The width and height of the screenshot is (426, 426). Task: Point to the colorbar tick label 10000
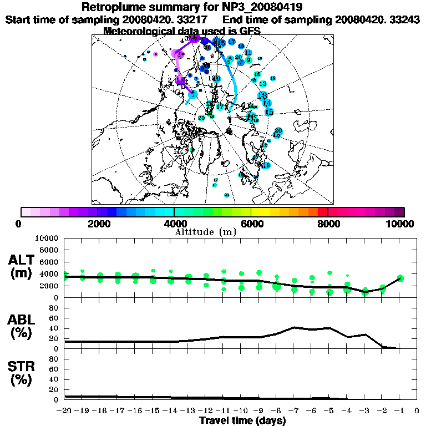point(399,224)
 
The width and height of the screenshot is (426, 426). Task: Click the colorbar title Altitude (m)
point(206,231)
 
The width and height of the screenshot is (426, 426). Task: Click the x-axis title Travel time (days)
point(242,421)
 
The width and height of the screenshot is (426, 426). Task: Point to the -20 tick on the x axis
point(65,411)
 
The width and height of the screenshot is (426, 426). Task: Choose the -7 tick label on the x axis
point(293,411)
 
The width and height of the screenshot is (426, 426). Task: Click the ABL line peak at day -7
point(294,327)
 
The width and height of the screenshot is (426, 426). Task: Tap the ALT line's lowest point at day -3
point(364,291)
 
